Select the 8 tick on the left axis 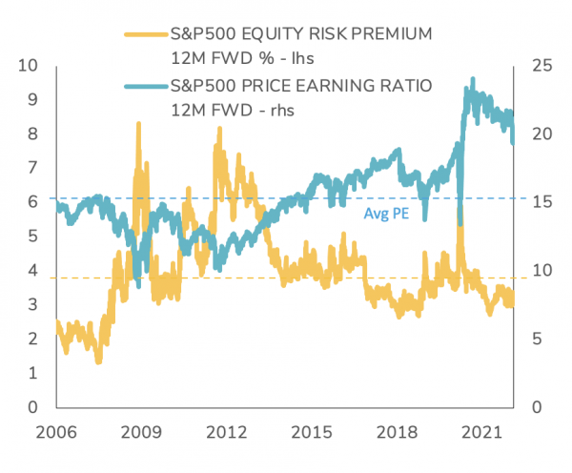pyautogui.click(x=33, y=134)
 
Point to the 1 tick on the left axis pyautogui.click(x=33, y=374)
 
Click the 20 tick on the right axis pyautogui.click(x=541, y=134)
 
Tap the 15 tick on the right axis pyautogui.click(x=541, y=202)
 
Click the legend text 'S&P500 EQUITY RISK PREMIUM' pyautogui.click(x=300, y=34)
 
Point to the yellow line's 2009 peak pyautogui.click(x=139, y=124)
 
